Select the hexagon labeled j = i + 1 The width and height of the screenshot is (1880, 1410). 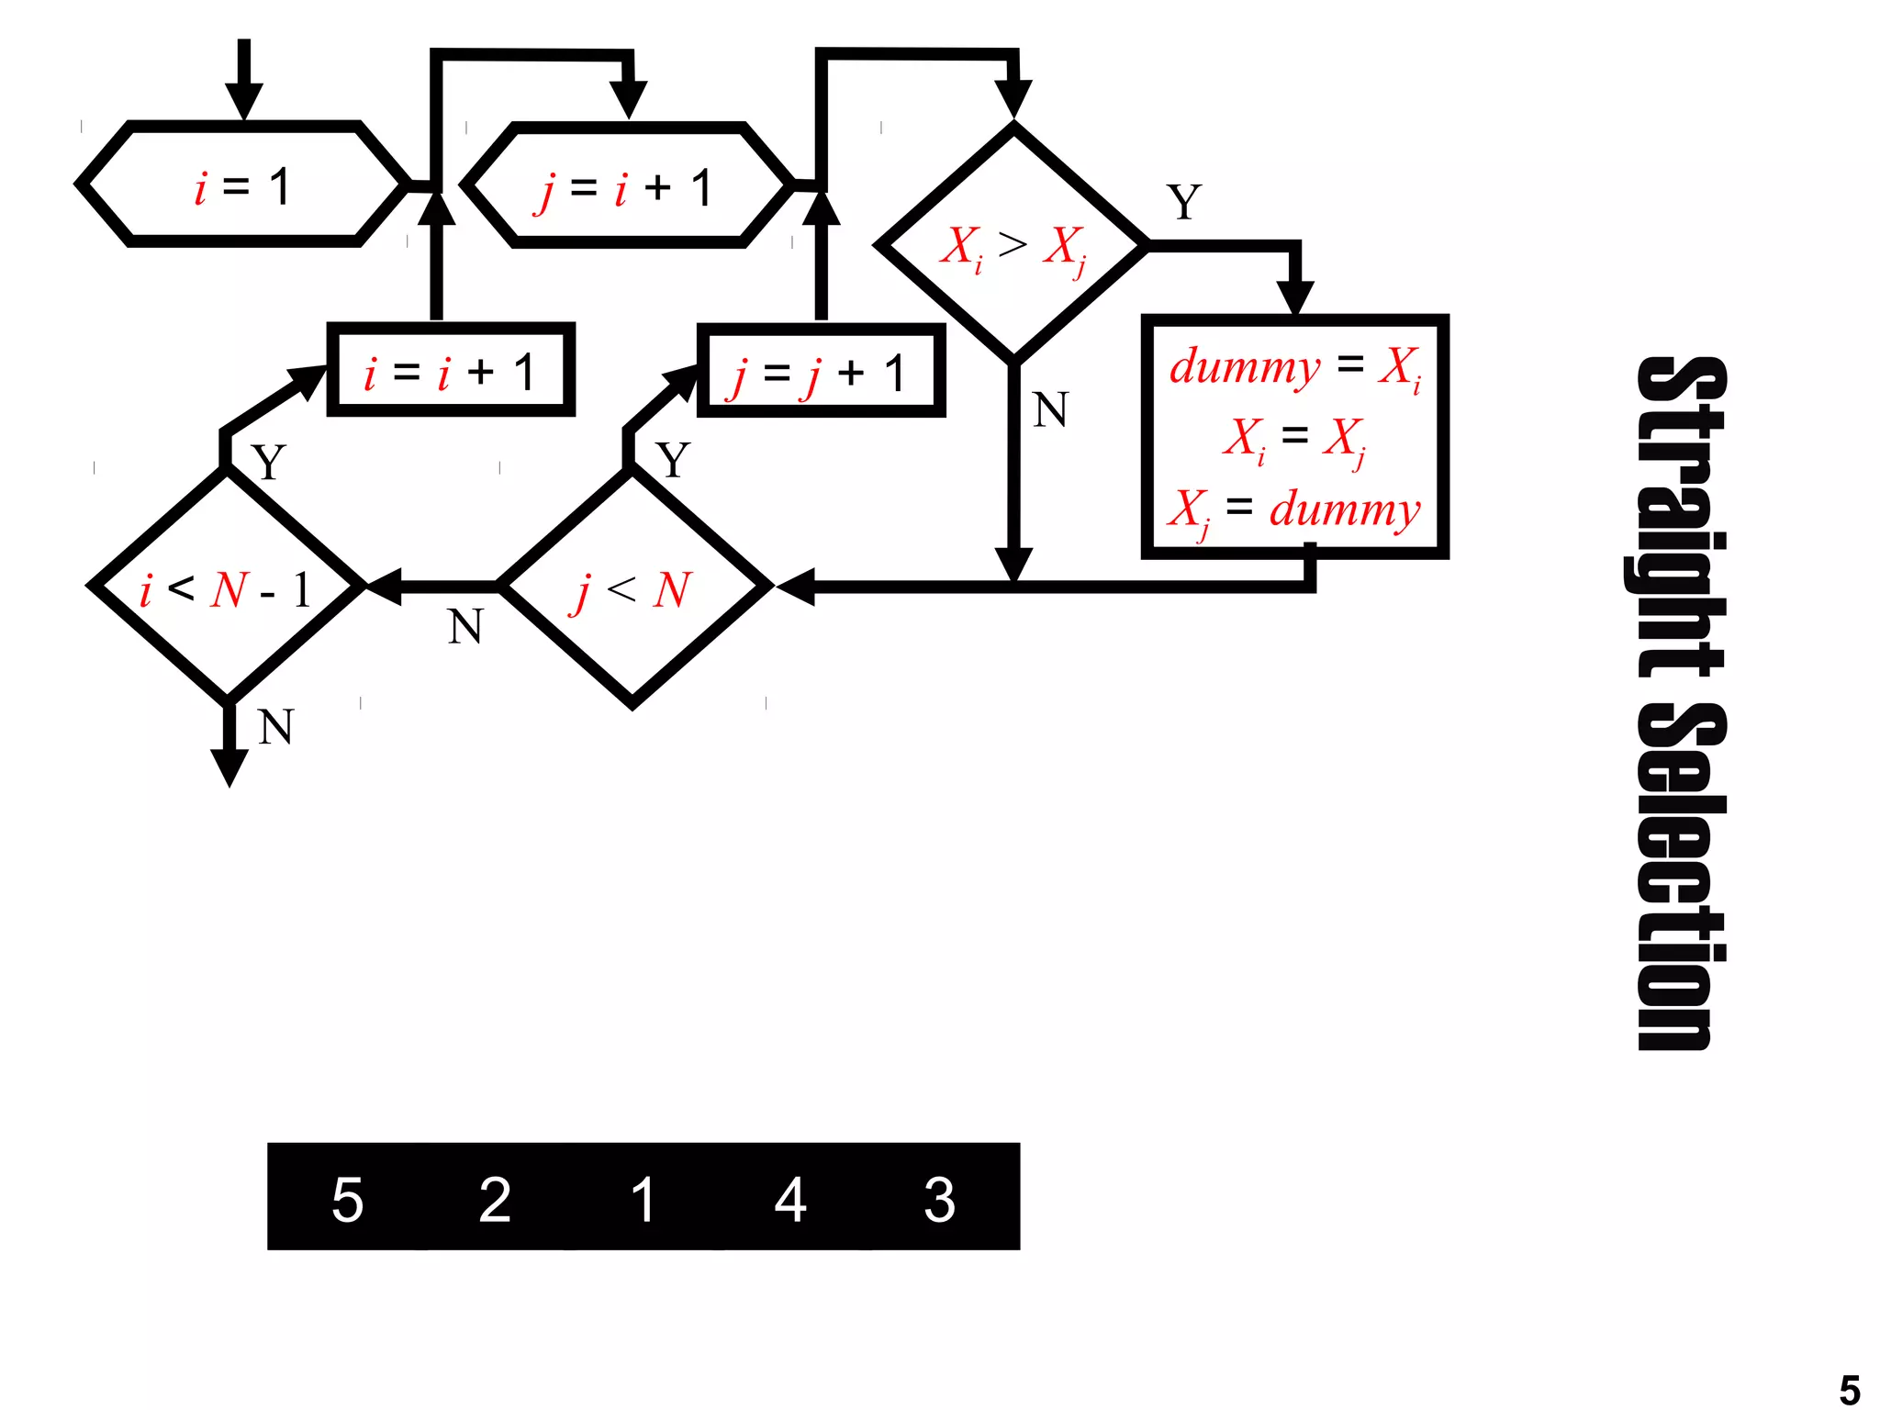coord(627,186)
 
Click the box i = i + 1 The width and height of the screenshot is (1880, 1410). coord(451,370)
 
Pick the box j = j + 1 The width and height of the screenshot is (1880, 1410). coord(821,371)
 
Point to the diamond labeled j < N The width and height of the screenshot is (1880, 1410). coord(632,587)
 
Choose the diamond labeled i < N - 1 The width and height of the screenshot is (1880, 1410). coord(227,586)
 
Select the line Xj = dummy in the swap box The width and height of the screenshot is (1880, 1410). coord(1295,509)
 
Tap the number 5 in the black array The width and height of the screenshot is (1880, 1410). coord(347,1199)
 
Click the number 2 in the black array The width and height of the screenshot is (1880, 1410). coord(495,1199)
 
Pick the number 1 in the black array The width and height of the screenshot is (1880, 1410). coord(643,1199)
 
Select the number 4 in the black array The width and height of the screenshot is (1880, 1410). coord(790,1199)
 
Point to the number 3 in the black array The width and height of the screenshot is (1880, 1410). coord(939,1199)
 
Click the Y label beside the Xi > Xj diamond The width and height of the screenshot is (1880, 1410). coord(1184,202)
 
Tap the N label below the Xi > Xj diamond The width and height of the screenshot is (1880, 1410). coord(1050,409)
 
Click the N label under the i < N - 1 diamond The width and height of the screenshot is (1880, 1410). coord(275,727)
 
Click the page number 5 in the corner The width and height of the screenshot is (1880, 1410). coord(1850,1389)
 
